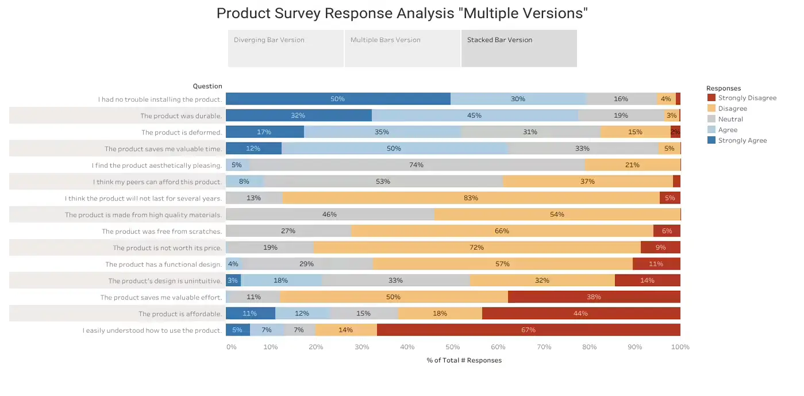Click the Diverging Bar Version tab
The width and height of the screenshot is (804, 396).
click(x=286, y=48)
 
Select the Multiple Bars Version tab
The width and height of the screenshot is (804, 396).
click(x=402, y=48)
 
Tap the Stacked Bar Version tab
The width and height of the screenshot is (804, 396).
click(x=519, y=48)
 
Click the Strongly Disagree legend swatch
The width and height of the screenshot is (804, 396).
click(x=711, y=98)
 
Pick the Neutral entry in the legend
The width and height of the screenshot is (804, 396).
click(x=730, y=120)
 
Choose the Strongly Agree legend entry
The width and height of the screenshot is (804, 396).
click(x=742, y=141)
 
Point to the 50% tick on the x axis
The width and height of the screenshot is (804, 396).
click(x=452, y=347)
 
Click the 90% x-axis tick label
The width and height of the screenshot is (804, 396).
click(x=634, y=347)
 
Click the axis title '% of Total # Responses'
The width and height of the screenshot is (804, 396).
click(x=464, y=360)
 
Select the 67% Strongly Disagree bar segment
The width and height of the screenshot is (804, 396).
click(x=528, y=330)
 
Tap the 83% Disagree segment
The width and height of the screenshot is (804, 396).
click(x=471, y=198)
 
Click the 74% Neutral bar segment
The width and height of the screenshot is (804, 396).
click(x=417, y=166)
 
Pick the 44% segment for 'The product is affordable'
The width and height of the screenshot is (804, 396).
click(x=580, y=314)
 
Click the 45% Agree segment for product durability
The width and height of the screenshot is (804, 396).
click(x=475, y=116)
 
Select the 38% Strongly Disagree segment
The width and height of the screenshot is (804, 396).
click(x=594, y=297)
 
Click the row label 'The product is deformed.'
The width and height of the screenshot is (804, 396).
click(x=181, y=133)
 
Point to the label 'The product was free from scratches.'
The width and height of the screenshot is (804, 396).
click(x=161, y=232)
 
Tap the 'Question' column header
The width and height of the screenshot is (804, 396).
click(x=207, y=86)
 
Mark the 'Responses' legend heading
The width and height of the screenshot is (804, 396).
click(x=723, y=89)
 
